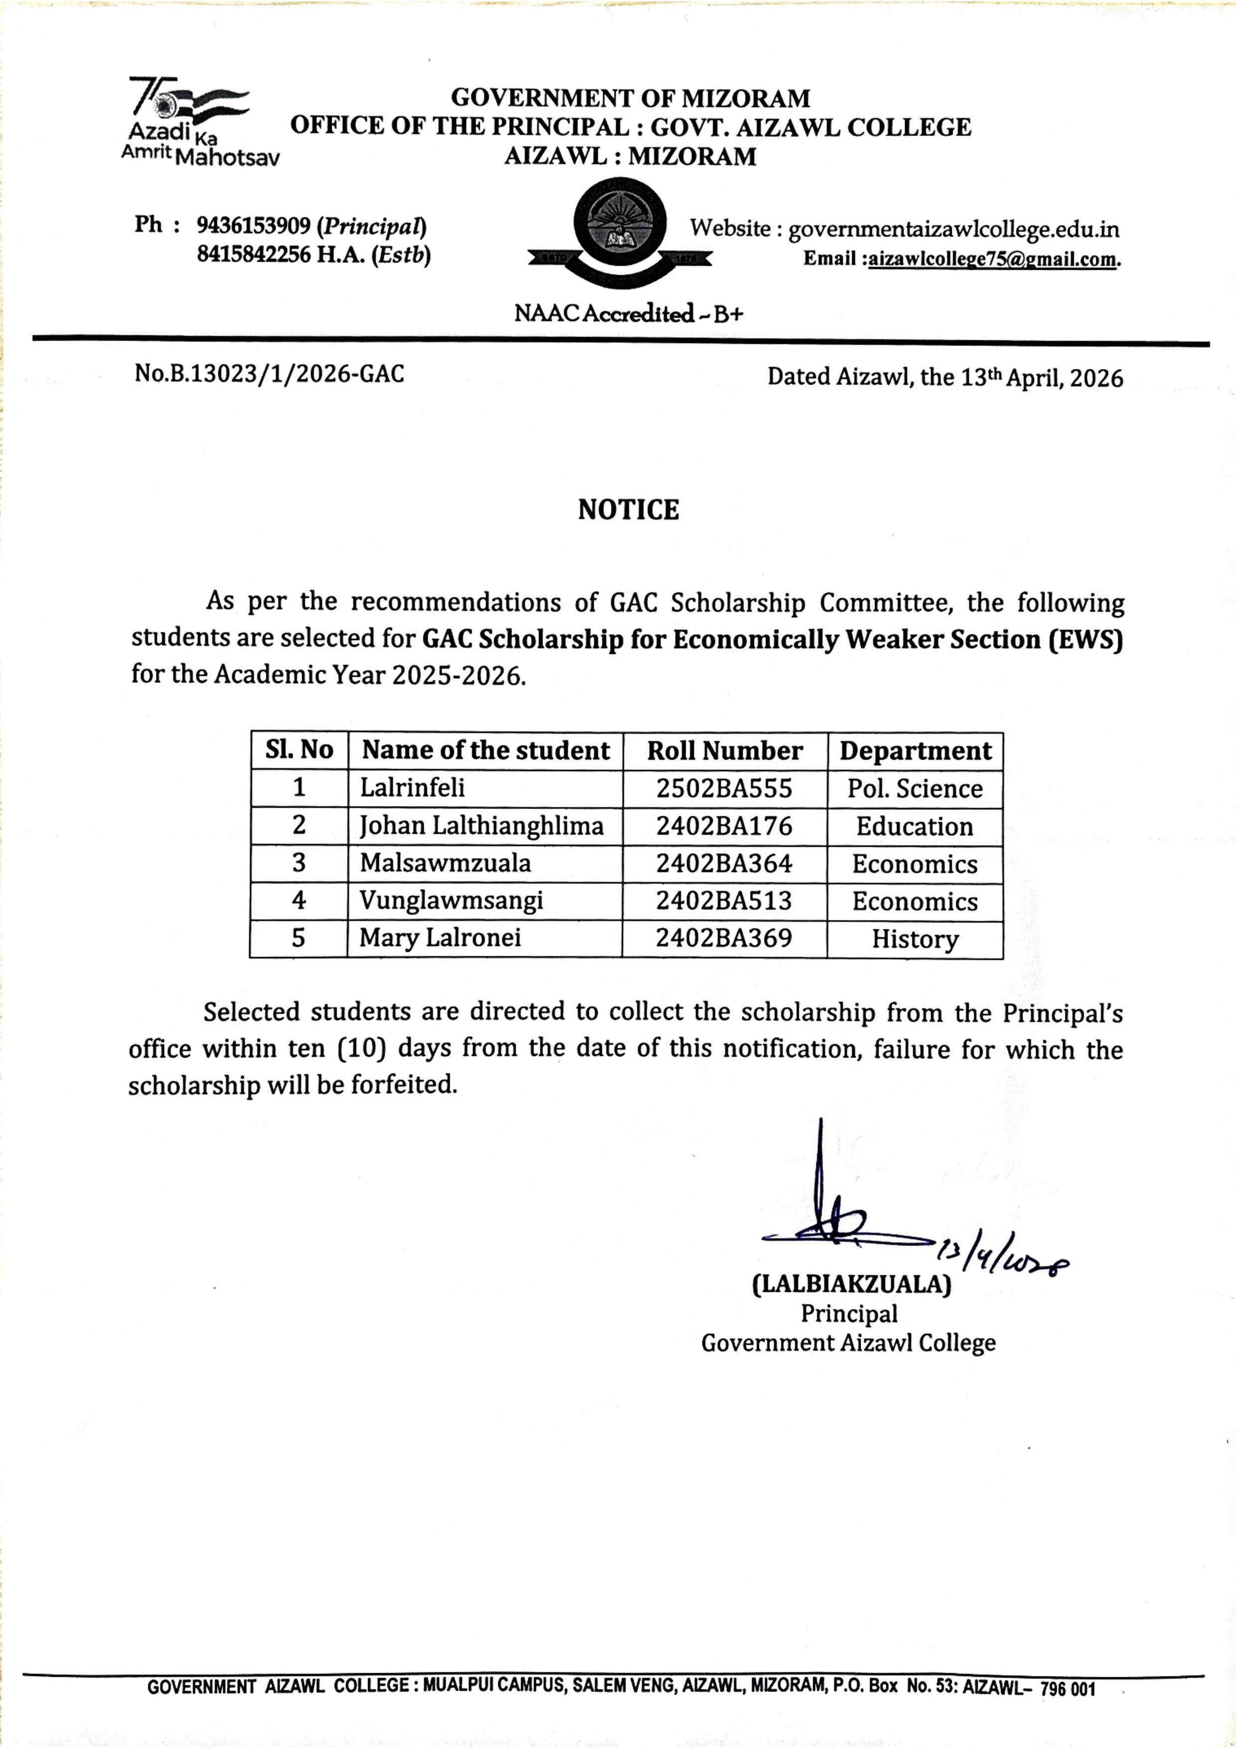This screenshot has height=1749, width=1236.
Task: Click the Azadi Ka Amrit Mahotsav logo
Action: [194, 122]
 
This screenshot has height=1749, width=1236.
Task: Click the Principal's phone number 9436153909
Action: [253, 226]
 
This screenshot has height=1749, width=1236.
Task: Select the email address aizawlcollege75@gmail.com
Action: [992, 260]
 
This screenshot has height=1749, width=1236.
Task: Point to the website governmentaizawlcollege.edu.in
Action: [953, 229]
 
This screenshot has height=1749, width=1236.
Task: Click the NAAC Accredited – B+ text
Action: [628, 314]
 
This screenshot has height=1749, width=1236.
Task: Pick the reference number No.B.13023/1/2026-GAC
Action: [270, 374]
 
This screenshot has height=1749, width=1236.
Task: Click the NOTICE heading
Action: [628, 510]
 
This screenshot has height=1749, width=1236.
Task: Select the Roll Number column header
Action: [724, 751]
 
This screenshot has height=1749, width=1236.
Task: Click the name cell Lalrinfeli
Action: [412, 788]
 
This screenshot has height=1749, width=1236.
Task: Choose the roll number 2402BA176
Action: [724, 826]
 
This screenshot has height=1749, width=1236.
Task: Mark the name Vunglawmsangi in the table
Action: [452, 900]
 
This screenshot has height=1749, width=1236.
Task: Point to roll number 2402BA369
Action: [724, 938]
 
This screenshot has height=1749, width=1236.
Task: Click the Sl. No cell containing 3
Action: [299, 863]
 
